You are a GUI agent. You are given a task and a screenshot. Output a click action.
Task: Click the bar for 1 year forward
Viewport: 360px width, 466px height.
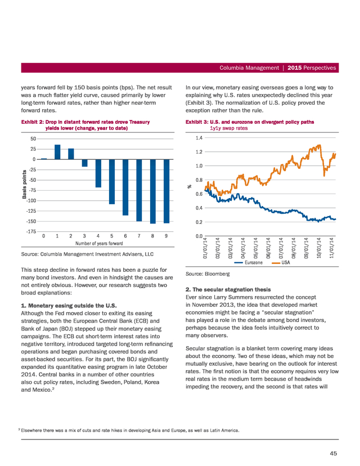coord(57,152)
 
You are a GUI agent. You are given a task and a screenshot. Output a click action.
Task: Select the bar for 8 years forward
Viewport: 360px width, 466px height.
coord(153,191)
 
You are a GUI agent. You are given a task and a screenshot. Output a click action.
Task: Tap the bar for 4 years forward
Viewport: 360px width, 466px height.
coord(98,173)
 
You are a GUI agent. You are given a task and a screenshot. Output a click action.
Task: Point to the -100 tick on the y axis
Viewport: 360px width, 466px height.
coord(31,200)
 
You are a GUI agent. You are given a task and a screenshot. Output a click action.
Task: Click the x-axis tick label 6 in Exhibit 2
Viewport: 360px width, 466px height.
coord(125,236)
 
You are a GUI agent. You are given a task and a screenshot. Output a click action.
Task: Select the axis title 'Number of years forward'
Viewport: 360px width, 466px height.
coord(99,243)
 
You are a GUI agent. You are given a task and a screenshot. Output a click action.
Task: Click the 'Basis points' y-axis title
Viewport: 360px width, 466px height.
coord(24,184)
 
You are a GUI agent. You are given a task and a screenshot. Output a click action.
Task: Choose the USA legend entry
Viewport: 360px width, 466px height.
coord(281,262)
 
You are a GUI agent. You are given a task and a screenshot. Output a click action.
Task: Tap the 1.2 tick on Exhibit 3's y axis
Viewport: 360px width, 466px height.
coord(199,152)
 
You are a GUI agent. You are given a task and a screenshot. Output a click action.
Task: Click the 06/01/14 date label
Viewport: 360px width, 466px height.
coord(268,248)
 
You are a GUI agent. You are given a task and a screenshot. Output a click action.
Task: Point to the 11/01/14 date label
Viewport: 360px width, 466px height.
coord(332,248)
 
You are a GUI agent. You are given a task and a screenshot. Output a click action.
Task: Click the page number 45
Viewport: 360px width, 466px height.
coord(333,453)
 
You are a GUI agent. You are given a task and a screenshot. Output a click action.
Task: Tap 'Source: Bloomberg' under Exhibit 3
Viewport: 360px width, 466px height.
coord(208,274)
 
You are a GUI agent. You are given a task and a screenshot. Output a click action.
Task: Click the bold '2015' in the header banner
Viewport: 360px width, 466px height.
coord(295,68)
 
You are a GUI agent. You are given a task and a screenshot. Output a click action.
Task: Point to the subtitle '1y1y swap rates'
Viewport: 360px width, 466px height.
coord(229,128)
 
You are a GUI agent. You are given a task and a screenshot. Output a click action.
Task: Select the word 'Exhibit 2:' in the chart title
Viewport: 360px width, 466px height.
coord(33,122)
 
